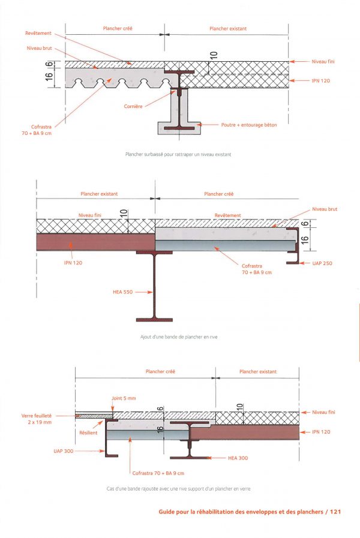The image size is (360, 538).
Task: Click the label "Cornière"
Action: [x=133, y=106]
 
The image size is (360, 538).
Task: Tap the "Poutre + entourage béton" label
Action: [x=249, y=125]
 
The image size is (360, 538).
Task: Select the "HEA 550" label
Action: [x=122, y=292]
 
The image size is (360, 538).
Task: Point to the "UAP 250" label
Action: [x=322, y=263]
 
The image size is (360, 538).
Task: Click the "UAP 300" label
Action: [x=64, y=451]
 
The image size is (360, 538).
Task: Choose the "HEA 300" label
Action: [x=238, y=458]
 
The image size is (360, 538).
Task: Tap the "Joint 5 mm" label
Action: [x=124, y=398]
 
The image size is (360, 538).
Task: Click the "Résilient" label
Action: [x=88, y=432]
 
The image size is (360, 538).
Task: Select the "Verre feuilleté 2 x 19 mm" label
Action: [x=37, y=419]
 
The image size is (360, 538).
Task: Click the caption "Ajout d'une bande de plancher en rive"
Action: [x=179, y=337]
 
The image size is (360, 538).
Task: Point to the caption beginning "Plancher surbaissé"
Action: [x=178, y=154]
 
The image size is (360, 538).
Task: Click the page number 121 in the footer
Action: [x=335, y=512]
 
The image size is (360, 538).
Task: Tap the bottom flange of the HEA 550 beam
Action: [x=154, y=320]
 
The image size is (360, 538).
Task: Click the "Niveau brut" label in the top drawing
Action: [x=40, y=48]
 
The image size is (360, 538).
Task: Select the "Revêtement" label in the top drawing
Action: [x=38, y=33]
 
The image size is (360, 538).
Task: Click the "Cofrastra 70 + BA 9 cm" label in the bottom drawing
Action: [x=158, y=473]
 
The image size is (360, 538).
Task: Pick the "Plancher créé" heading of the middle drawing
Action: [x=218, y=194]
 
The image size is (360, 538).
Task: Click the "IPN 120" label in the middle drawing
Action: [x=73, y=263]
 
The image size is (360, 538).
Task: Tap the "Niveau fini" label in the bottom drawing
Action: [x=323, y=412]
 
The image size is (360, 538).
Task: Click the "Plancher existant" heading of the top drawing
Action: [x=228, y=28]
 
